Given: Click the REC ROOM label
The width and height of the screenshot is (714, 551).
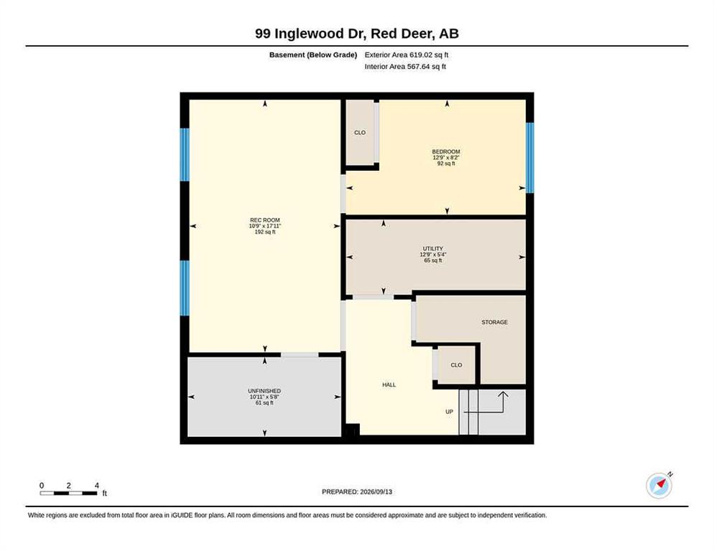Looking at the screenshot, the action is point(264,220).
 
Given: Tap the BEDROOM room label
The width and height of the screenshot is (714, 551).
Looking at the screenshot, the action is point(446,151).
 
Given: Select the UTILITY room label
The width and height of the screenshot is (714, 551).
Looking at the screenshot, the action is point(432,249).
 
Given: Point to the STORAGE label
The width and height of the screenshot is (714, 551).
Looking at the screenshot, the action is point(494,322).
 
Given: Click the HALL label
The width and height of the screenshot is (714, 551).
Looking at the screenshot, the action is point(389,385).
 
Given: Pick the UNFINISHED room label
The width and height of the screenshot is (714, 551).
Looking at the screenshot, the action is point(264,391).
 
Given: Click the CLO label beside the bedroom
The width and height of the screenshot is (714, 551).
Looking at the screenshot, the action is point(360,133).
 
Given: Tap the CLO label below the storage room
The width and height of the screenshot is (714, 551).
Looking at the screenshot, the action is point(456,365).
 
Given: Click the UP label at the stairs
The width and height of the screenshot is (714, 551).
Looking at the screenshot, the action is point(450,412).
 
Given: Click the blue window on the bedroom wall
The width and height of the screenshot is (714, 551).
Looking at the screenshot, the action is point(530,157).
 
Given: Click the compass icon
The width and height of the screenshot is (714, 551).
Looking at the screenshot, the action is point(659,486).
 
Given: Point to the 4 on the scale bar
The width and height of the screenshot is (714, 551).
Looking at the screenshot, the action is point(96,486).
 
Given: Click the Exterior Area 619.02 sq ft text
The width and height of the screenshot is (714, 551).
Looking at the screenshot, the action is point(407,55).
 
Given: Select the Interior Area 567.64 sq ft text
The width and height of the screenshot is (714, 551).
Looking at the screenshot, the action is point(405,67).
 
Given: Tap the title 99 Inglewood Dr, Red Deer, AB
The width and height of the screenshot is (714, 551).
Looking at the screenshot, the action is point(357,34).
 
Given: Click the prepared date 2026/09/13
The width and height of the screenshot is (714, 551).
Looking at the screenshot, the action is point(376,492).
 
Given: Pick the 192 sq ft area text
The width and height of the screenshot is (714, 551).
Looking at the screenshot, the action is point(264,232).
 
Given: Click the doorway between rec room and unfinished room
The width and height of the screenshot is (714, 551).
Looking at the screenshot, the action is point(299,354).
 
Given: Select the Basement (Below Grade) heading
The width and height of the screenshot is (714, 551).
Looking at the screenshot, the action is point(313,55).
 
